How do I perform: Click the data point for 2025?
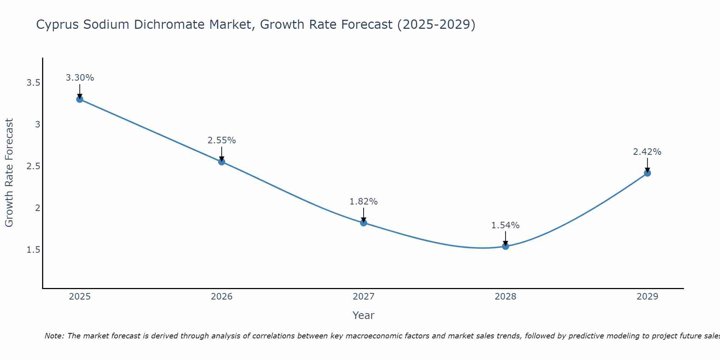point(80,99)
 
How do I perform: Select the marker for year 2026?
point(222,162)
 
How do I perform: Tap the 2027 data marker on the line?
point(364,223)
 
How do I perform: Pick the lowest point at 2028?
point(505,246)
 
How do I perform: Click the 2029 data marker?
point(647,173)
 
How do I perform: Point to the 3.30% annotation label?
point(80,78)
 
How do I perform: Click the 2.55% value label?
point(222,140)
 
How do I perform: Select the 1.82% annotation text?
point(364,202)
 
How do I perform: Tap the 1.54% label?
point(505,225)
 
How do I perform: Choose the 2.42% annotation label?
point(647,152)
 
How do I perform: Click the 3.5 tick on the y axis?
point(33,83)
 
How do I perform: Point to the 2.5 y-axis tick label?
point(33,166)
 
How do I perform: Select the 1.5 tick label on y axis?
point(33,250)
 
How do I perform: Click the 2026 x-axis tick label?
point(222,297)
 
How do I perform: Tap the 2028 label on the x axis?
point(505,297)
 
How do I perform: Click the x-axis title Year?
point(364,315)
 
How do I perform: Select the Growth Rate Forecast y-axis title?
point(9,173)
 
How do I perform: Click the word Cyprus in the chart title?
point(58,25)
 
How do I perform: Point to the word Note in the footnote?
point(54,336)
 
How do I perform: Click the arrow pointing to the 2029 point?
point(647,165)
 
